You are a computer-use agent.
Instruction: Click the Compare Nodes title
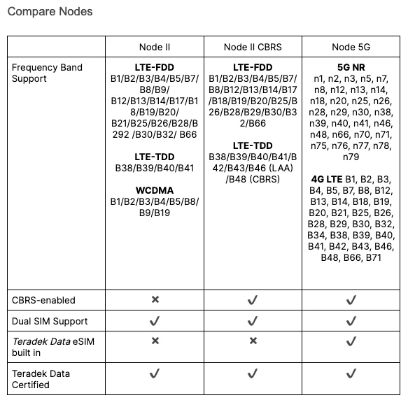click(x=50, y=12)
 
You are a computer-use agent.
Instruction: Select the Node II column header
click(x=155, y=47)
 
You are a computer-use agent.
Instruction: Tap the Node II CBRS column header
click(x=253, y=47)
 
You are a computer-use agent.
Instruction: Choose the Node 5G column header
click(x=351, y=47)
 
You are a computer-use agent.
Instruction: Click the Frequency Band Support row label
click(x=47, y=73)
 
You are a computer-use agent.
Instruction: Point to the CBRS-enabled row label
click(x=43, y=300)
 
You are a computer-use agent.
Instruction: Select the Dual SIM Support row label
click(x=50, y=321)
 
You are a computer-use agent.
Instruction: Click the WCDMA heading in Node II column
click(x=155, y=190)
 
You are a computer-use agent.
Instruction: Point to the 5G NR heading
click(x=351, y=68)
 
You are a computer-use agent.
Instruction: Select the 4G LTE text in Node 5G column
click(x=326, y=179)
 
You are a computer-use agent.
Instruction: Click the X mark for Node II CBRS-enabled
click(x=155, y=299)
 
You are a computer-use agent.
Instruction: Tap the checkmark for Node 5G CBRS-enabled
click(x=351, y=299)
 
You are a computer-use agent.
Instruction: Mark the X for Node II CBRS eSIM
click(x=253, y=341)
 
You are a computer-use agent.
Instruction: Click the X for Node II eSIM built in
click(x=155, y=341)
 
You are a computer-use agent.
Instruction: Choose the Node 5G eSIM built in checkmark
click(x=351, y=341)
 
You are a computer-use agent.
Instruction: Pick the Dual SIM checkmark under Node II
click(x=155, y=320)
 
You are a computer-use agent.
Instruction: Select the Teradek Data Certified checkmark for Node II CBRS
click(x=253, y=373)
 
